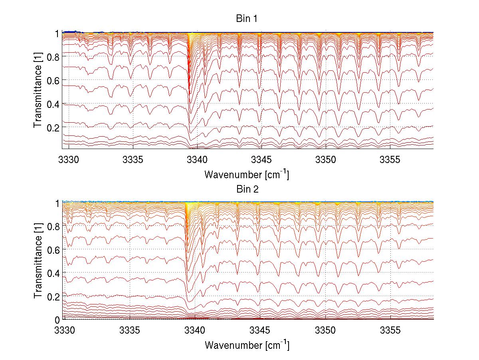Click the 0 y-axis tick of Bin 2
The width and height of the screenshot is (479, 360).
click(57, 320)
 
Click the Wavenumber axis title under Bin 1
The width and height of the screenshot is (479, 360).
click(246, 174)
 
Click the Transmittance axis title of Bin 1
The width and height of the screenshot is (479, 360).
click(38, 91)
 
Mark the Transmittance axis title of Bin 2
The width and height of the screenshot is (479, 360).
click(38, 261)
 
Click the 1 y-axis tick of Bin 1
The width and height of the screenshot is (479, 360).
click(57, 34)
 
